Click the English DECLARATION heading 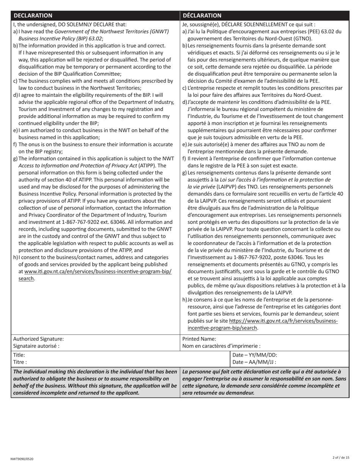(33, 16)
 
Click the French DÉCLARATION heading (202, 16)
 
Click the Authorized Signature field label (39, 339)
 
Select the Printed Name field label (199, 339)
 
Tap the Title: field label (19, 355)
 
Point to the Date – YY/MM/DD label (255, 355)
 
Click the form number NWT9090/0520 (22, 459)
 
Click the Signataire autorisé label (36, 346)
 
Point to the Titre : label (20, 362)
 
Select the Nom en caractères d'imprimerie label (221, 346)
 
